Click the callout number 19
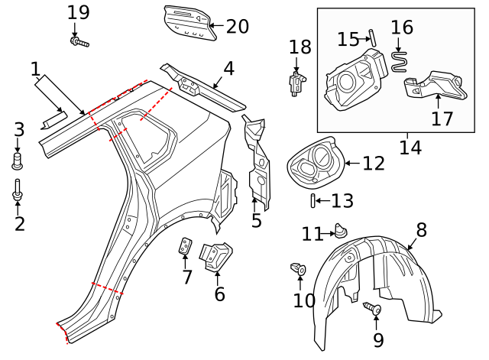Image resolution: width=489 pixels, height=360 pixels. tap(78, 12)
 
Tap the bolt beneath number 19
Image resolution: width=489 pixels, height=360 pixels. tap(79, 41)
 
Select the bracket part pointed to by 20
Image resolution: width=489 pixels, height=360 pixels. tap(185, 23)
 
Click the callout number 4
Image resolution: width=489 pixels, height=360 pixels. tap(228, 69)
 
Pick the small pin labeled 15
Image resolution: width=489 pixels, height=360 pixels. tap(371, 37)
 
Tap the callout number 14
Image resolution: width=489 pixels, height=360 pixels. tap(410, 147)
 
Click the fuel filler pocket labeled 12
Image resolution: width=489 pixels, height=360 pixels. tap(314, 161)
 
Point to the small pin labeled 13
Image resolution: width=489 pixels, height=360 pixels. tap(313, 201)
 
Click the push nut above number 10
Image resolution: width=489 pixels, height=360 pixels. tap(300, 269)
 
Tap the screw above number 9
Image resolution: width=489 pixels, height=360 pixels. tap(373, 309)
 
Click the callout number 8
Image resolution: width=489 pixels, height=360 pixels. tap(421, 229)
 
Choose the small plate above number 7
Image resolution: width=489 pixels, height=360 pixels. tap(184, 248)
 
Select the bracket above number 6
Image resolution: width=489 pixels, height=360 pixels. tap(215, 255)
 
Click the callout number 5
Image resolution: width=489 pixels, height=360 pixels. tap(257, 221)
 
